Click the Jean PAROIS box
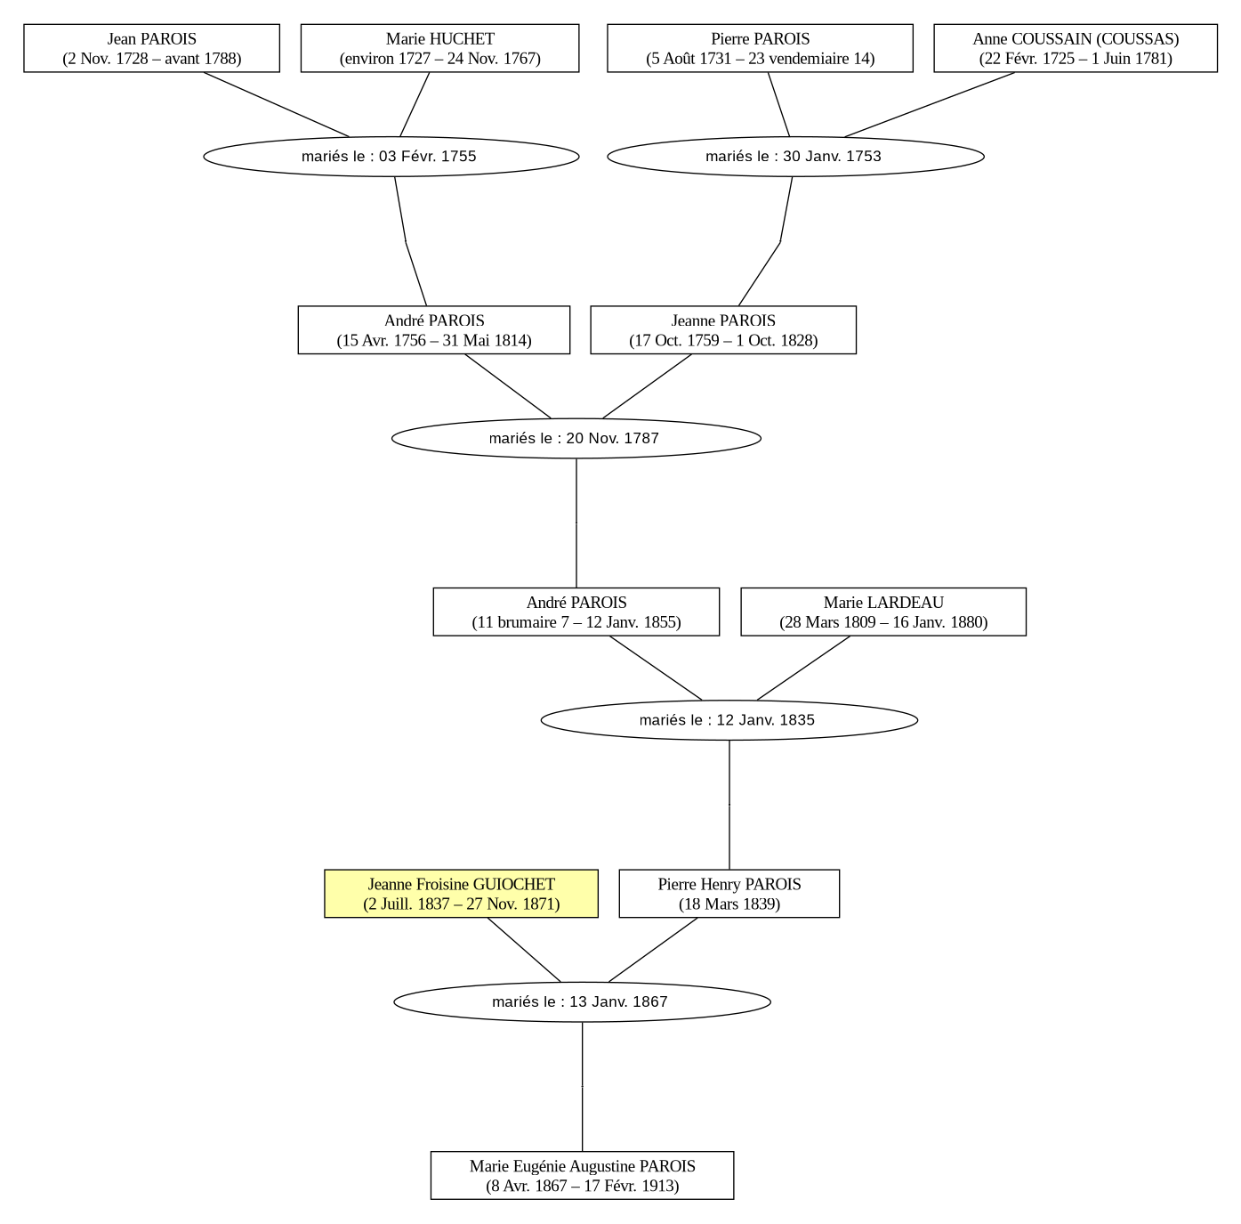[151, 48]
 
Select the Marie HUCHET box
[439, 48]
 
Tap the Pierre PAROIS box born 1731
[760, 48]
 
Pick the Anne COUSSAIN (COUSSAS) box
[1076, 48]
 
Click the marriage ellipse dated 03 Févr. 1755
[391, 157]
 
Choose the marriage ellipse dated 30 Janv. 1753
[795, 157]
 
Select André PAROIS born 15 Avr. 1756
[434, 330]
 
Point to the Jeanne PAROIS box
[723, 330]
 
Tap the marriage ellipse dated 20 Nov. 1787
[576, 438]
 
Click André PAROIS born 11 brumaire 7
[576, 612]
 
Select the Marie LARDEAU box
[883, 612]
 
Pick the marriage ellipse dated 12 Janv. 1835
[729, 720]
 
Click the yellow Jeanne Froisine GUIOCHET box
[461, 894]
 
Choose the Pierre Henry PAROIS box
[729, 894]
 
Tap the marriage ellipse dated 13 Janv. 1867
[582, 1001]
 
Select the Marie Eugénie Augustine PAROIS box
[582, 1175]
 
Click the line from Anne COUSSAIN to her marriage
[930, 104]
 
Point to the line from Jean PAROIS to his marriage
[277, 104]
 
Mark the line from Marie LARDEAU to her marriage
[803, 668]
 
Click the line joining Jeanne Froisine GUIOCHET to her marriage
[524, 950]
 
